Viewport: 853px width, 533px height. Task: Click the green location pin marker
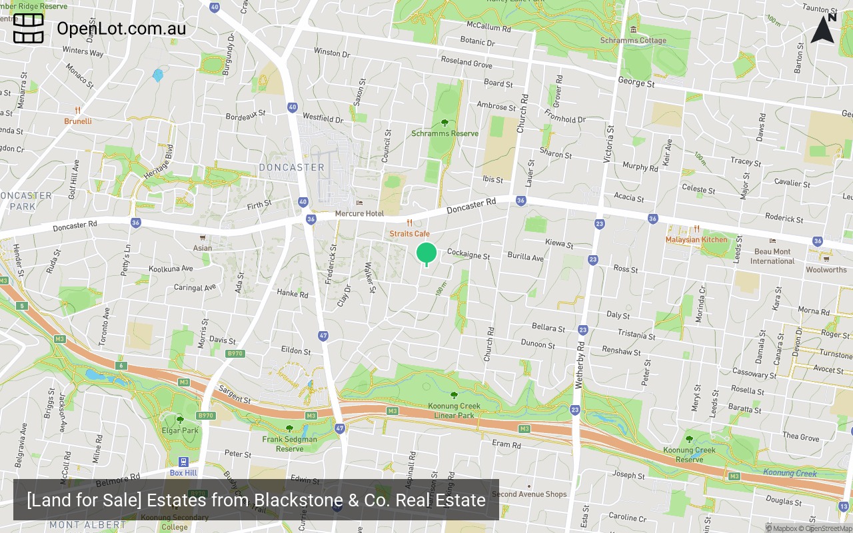(x=426, y=254)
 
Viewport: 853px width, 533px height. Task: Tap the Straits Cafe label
(x=410, y=234)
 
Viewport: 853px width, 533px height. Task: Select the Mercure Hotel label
(x=359, y=213)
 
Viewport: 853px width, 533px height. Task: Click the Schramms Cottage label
(x=633, y=40)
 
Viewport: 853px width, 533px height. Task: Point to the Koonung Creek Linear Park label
(x=454, y=410)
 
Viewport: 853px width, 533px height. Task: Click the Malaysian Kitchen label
(x=696, y=239)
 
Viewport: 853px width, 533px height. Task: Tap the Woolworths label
(x=826, y=270)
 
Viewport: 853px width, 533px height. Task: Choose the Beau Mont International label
(x=772, y=257)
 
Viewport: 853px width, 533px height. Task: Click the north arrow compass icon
(x=823, y=29)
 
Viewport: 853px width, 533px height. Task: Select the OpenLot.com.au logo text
(x=121, y=29)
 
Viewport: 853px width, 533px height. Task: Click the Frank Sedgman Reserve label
(x=289, y=444)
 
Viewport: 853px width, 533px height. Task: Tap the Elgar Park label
(x=180, y=430)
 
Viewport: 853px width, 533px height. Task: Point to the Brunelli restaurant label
(x=78, y=121)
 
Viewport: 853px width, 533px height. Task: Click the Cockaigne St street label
(x=468, y=255)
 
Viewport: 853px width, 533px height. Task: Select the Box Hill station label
(x=183, y=472)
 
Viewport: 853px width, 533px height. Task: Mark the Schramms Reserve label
(x=444, y=133)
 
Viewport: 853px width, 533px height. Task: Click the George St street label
(x=636, y=83)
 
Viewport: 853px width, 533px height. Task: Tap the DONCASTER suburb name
(x=291, y=167)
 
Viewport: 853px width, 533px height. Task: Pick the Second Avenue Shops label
(x=529, y=494)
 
